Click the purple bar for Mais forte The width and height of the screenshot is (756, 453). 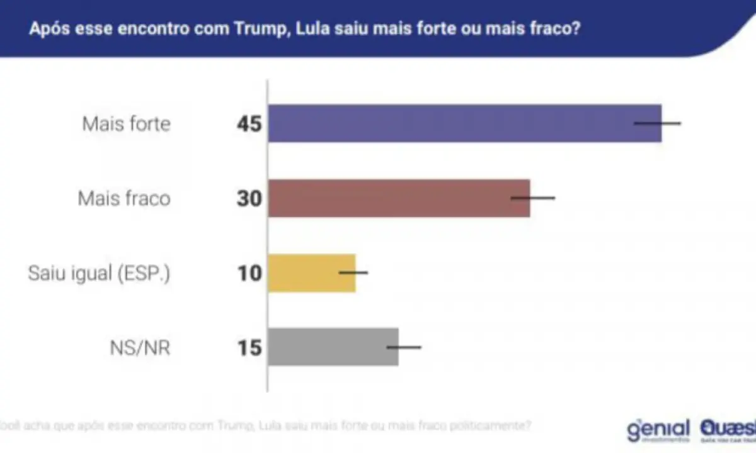(465, 123)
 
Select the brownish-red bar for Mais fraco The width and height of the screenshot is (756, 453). (399, 198)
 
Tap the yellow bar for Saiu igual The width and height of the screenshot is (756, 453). (312, 272)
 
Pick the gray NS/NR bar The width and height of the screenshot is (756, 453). (333, 347)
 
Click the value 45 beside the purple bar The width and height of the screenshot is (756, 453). (249, 124)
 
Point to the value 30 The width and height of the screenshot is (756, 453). (249, 199)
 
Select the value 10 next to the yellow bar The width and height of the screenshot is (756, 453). (249, 273)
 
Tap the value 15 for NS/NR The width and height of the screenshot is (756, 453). (249, 347)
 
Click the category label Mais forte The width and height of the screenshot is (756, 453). (126, 124)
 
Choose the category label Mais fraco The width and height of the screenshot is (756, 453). (124, 199)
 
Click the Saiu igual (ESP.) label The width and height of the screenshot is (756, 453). (99, 274)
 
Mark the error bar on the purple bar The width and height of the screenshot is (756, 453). (658, 123)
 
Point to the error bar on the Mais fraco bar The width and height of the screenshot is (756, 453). (533, 198)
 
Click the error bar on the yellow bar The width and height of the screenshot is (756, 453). (353, 272)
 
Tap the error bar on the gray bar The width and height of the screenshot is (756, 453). (404, 347)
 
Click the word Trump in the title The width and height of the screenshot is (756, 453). (258, 30)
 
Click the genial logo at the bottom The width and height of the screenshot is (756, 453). (658, 430)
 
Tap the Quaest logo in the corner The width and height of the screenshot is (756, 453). (728, 430)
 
